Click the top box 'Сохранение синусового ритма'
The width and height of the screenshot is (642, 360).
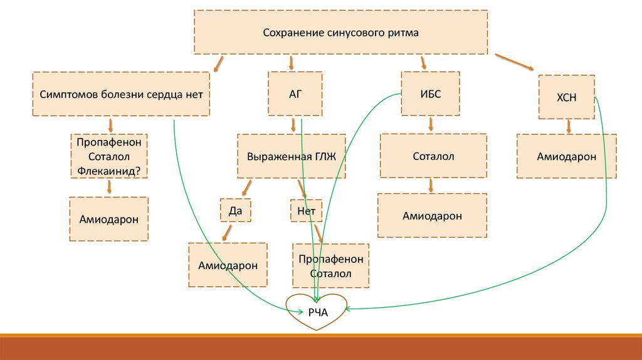(341, 32)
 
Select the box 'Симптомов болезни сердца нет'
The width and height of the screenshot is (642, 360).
(120, 94)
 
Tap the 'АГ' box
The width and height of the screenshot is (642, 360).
(295, 94)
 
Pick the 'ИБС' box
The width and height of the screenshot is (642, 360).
(431, 93)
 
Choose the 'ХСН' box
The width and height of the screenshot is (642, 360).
(566, 97)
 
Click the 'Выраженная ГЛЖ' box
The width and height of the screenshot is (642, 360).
(292, 156)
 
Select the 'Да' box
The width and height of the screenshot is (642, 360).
(235, 211)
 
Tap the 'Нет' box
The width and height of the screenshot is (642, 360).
(306, 211)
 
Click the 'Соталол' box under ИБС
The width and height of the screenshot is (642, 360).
(433, 156)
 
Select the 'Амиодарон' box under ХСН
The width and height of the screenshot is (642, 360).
(566, 156)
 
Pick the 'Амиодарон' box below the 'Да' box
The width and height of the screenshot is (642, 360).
(228, 265)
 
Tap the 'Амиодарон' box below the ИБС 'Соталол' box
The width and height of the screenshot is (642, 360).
(432, 216)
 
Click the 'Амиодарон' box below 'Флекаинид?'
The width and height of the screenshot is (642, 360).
(109, 219)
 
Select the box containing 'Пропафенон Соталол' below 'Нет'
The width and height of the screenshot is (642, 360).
(330, 266)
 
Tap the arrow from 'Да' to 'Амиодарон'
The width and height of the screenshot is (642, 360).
(224, 233)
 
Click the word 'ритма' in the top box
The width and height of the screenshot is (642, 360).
(404, 32)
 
